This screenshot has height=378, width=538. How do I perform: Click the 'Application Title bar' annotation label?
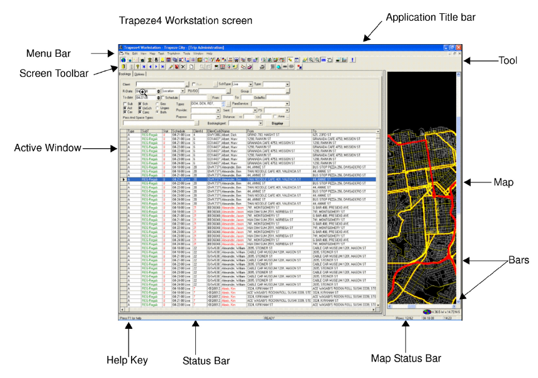[x=430, y=17]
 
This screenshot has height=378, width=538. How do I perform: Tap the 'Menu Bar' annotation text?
[x=48, y=53]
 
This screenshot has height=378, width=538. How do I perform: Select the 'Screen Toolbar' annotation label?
[x=54, y=74]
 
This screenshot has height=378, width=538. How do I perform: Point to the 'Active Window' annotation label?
[x=48, y=148]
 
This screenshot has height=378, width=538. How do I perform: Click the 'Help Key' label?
[x=127, y=360]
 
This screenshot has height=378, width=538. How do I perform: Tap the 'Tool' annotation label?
[x=508, y=61]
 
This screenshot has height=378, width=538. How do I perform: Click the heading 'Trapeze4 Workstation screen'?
[x=186, y=21]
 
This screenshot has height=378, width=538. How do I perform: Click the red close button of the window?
[x=459, y=47]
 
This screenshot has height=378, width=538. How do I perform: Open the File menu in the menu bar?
[x=127, y=54]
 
